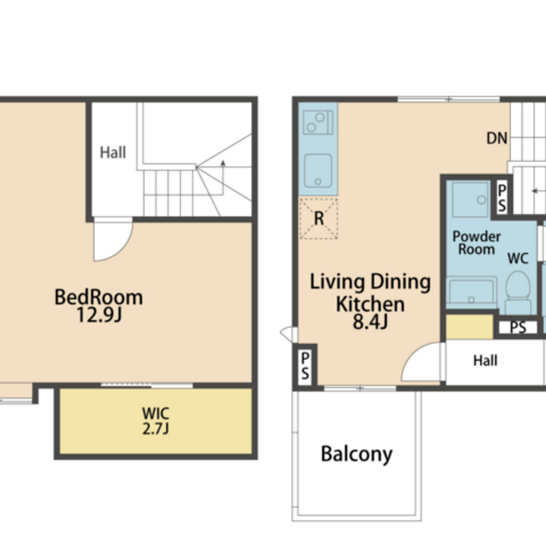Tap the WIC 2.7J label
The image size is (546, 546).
(156, 421)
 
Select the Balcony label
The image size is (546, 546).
(357, 454)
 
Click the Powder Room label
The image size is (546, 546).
(476, 243)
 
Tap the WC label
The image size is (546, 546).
(518, 258)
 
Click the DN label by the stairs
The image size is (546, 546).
(497, 138)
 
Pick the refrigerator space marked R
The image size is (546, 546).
(319, 218)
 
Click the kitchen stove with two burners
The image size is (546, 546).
(318, 122)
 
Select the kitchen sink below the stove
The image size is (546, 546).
(318, 171)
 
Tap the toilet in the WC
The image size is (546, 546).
(518, 292)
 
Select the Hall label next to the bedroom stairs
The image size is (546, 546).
(113, 152)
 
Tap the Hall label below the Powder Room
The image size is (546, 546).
(485, 361)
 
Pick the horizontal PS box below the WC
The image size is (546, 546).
(518, 327)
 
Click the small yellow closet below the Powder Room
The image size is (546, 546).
(470, 327)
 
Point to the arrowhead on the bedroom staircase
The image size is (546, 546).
(223, 163)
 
